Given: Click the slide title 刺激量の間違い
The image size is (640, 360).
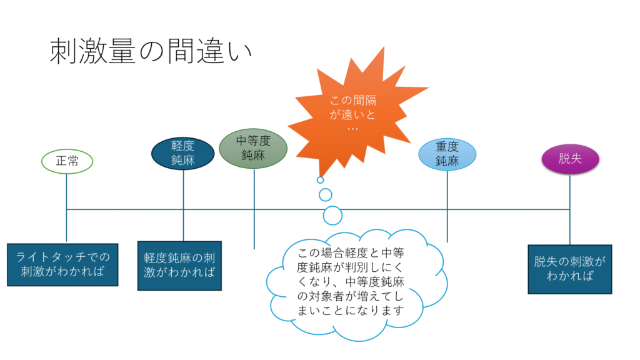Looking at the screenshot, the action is click(151, 51).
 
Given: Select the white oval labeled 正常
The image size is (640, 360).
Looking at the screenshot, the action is click(67, 161).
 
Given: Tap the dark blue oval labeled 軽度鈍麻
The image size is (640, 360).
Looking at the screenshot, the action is click(183, 153).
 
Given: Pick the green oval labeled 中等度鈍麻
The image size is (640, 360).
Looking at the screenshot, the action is click(253, 149).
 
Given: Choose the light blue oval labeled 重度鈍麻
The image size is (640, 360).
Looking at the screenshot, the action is click(447, 154).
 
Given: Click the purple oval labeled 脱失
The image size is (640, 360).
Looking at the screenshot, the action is click(570, 159).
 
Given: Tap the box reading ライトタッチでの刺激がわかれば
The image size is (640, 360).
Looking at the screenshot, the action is click(62, 264).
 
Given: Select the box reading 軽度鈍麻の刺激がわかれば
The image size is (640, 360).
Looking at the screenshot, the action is click(179, 266).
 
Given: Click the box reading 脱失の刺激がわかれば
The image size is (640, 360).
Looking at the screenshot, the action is click(570, 269).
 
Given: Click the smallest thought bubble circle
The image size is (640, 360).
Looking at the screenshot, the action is click(321, 180).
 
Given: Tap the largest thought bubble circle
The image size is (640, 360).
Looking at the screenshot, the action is click(332, 216).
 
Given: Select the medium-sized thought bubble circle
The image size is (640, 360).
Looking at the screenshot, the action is click(325, 195).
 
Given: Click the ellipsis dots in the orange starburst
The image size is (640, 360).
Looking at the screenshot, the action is click(352, 129).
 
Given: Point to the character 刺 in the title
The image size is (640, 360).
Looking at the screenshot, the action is click(63, 51).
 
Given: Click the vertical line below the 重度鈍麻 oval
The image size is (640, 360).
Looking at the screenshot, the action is click(447, 206).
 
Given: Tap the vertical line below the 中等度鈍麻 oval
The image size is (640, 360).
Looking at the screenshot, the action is click(254, 209).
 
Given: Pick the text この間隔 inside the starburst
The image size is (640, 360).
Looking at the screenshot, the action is click(353, 101).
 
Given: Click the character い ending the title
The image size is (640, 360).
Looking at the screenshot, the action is click(240, 53).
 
